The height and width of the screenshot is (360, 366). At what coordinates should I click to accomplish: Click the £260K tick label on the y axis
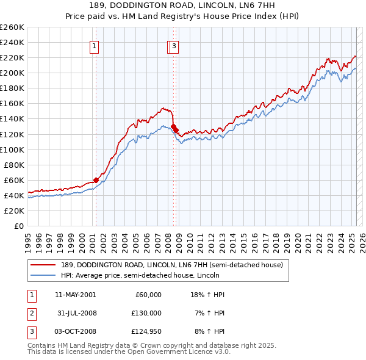(x=12, y=27)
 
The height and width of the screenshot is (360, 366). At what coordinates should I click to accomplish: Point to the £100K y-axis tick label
(x=12, y=149)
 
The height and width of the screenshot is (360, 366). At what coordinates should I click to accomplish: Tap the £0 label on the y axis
(x=18, y=226)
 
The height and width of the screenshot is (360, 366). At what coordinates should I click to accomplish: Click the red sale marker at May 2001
(x=96, y=180)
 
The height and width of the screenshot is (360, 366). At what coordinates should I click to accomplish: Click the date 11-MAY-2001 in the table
(x=75, y=295)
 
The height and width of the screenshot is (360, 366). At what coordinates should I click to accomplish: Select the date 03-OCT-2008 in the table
(x=75, y=331)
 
